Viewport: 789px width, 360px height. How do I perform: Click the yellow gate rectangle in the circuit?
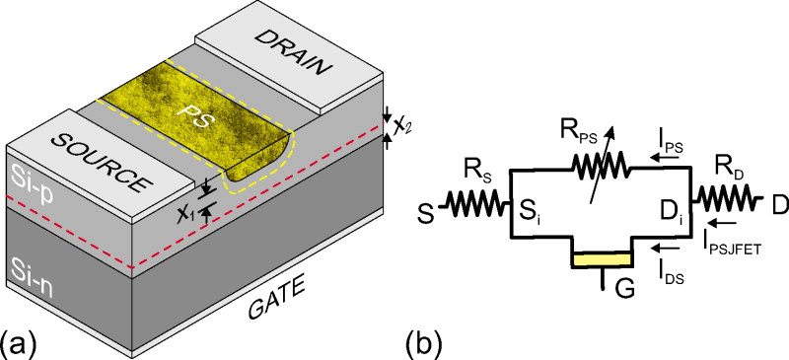(x=602, y=258)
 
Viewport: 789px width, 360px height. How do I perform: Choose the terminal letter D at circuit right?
(x=776, y=205)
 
